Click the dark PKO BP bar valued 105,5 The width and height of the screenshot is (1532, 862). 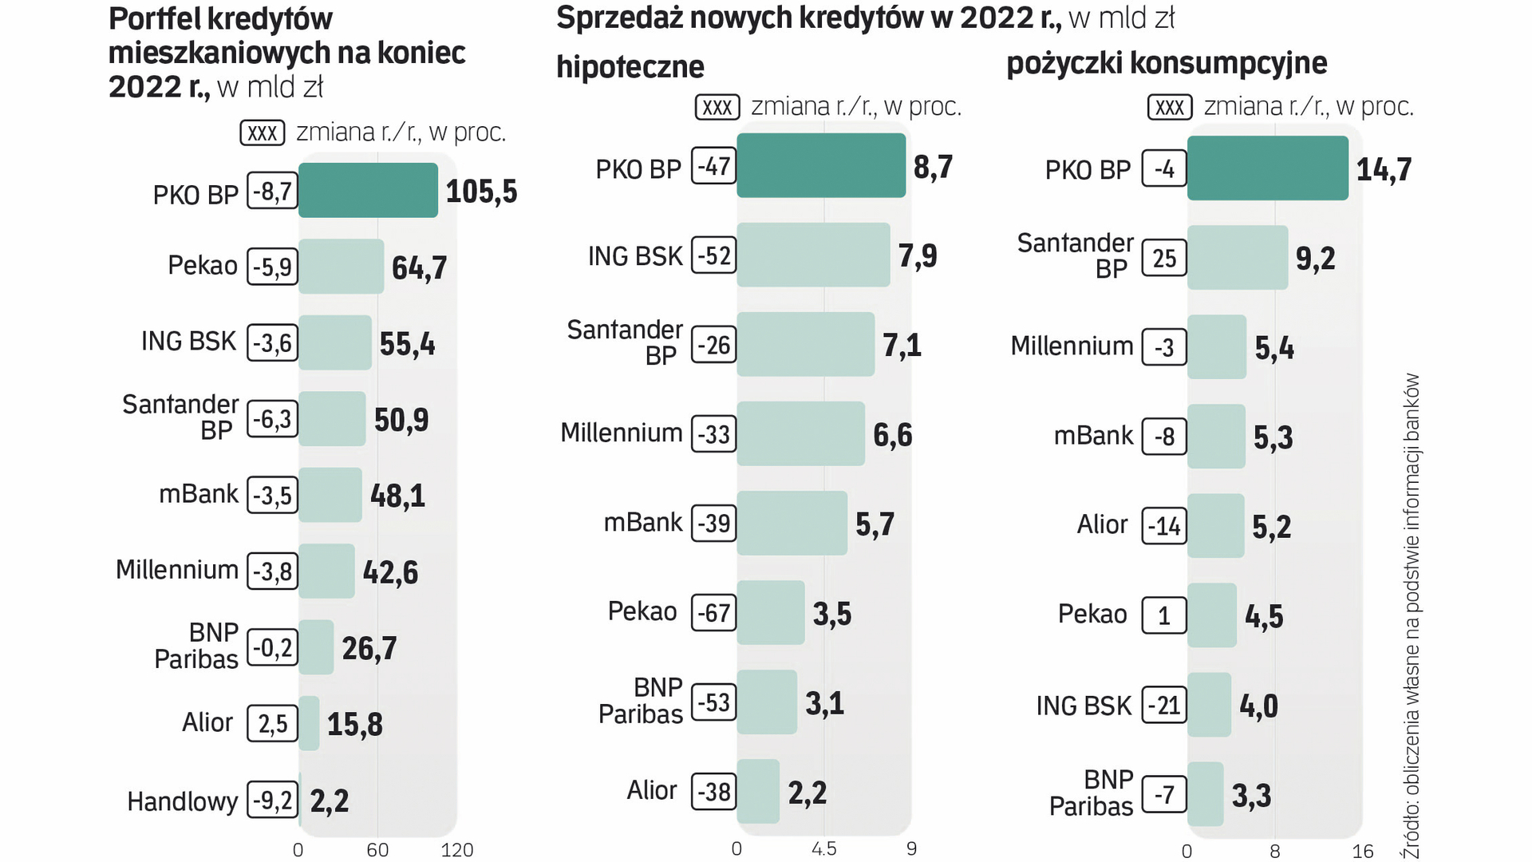pos(368,190)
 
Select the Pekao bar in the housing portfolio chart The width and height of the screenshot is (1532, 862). pos(341,267)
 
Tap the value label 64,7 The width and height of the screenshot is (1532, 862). pos(419,268)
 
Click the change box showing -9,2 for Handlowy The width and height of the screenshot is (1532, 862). pos(272,800)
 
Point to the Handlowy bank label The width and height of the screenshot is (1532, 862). pos(183,801)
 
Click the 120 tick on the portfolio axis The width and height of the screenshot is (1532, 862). pos(456,850)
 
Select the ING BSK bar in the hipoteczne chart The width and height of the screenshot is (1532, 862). pos(812,255)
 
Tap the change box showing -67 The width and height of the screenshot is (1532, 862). pos(713,613)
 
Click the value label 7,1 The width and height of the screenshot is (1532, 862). pos(902,346)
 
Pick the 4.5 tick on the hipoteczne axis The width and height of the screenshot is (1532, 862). pos(823,849)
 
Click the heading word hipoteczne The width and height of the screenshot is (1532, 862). pos(630,67)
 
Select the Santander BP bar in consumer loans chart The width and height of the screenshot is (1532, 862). pos(1237,258)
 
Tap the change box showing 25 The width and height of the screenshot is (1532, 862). pos(1164,258)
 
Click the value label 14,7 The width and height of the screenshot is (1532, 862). pos(1384,169)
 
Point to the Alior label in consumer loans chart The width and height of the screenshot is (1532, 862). pos(1102,524)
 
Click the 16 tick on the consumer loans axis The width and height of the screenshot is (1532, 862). pos(1362,852)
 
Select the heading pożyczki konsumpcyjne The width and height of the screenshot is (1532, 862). pos(1167,63)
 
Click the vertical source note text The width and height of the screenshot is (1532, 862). pos(1412,615)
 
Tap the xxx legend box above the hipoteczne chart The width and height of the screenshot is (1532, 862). pos(717,107)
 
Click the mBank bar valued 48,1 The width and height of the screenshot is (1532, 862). pos(330,495)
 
